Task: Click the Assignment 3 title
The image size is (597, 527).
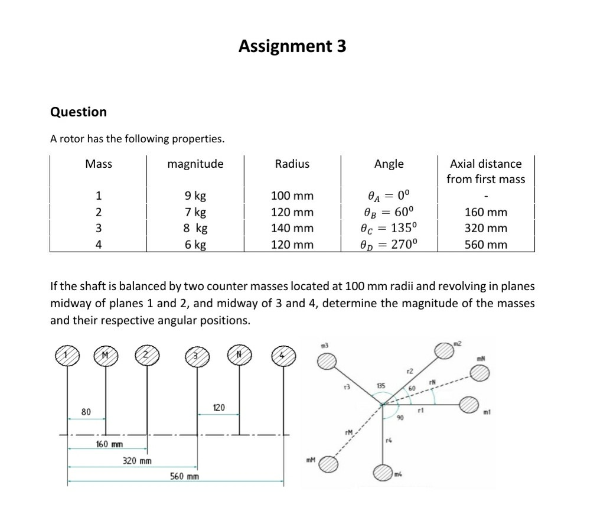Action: click(x=292, y=46)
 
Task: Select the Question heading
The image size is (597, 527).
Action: click(x=79, y=112)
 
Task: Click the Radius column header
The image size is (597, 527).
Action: click(x=292, y=164)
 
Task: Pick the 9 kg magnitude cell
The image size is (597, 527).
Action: click(x=195, y=196)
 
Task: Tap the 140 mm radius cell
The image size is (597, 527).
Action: click(x=292, y=228)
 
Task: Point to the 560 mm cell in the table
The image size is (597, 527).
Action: click(x=485, y=244)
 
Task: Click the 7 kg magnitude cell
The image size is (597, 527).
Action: click(x=195, y=212)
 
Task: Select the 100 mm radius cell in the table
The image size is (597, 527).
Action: click(x=292, y=196)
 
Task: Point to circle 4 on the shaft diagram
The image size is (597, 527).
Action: click(x=283, y=356)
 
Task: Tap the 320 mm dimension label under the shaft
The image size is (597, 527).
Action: click(x=137, y=460)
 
